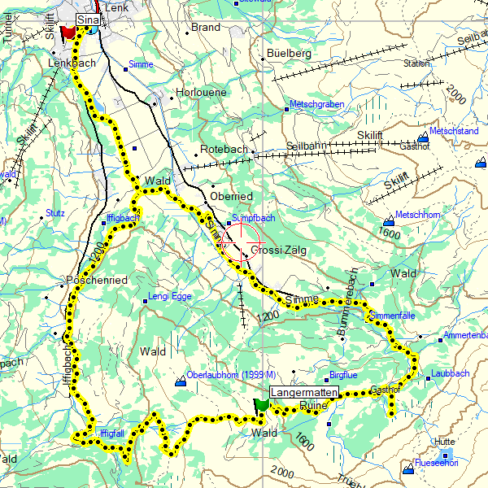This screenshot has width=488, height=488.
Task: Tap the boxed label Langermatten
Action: (x=303, y=392)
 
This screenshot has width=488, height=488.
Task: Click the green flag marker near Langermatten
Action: (x=261, y=404)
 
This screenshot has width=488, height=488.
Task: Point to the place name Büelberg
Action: (x=289, y=54)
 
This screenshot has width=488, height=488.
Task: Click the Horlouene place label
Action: (x=202, y=93)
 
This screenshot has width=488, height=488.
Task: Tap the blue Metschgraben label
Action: (x=316, y=105)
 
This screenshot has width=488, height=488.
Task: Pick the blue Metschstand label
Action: (x=454, y=130)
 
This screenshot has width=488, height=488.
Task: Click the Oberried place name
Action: (x=231, y=197)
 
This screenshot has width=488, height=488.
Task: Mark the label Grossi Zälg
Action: (x=278, y=251)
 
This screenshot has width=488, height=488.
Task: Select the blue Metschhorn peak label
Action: (x=420, y=216)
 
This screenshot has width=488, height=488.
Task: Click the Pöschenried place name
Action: (x=97, y=281)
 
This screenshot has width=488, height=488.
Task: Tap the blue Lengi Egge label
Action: (x=170, y=297)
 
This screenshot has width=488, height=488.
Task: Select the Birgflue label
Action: (x=342, y=376)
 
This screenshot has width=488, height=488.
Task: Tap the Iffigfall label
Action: (x=111, y=433)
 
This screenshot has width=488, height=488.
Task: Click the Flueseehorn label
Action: (x=437, y=464)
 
